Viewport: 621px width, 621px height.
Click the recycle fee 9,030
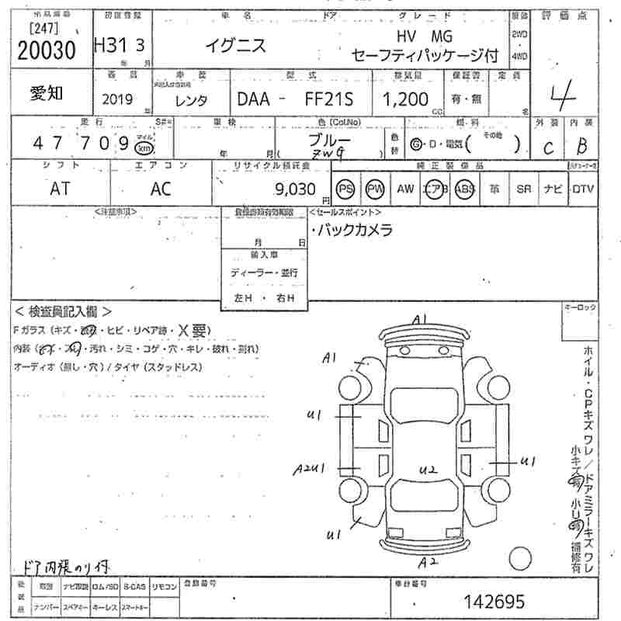coord(295,189)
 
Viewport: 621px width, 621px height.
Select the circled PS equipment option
coord(345,189)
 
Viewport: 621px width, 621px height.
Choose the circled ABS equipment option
coord(463,189)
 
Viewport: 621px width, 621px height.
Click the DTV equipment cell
coord(582,189)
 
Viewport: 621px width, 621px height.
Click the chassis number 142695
coord(494,602)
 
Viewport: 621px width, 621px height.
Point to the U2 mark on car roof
coord(429,469)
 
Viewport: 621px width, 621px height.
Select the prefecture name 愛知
coord(47,93)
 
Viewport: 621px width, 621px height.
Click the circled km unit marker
coord(143,147)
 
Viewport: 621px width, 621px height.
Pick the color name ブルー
coord(329,141)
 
